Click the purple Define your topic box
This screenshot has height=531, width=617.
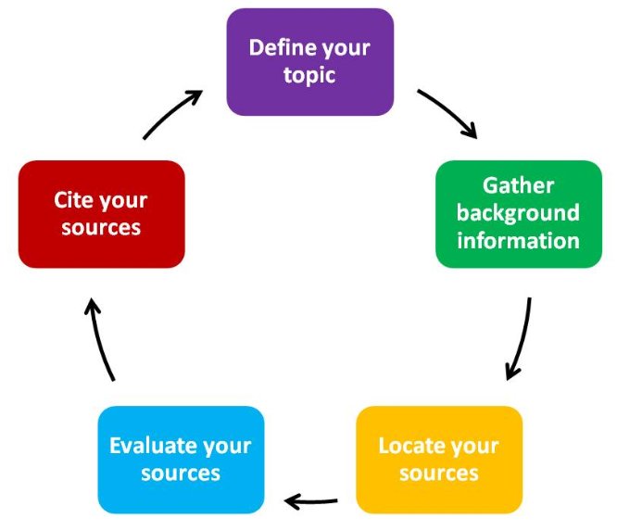tap(309, 61)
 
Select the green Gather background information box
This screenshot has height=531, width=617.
tap(518, 213)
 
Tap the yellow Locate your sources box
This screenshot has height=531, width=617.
tap(438, 460)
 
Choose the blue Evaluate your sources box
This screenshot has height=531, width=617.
tap(181, 460)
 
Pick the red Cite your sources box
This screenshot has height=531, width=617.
tap(101, 214)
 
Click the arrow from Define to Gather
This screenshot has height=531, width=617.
tap(447, 113)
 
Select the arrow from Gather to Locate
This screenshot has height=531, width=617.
tap(521, 339)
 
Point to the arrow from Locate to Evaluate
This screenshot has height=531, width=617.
tap(311, 501)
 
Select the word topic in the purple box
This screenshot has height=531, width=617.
tap(309, 74)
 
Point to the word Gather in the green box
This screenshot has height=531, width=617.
tap(518, 185)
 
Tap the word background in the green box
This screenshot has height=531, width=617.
tap(518, 213)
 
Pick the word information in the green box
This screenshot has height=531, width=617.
tap(518, 241)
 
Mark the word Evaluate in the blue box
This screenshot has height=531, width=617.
tap(152, 445)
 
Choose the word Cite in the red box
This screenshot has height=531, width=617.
tap(75, 200)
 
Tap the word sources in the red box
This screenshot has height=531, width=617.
tap(101, 228)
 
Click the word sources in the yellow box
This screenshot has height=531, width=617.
tap(438, 474)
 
